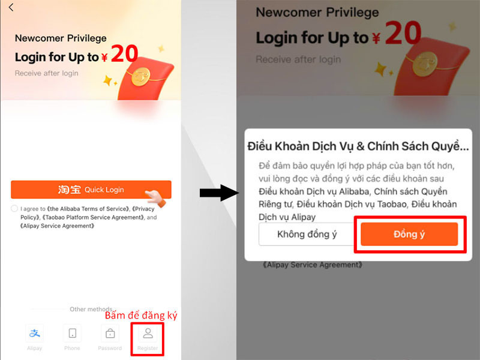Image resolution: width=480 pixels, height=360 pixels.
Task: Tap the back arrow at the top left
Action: pyautogui.click(x=11, y=8)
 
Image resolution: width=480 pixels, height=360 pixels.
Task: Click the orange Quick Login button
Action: pyautogui.click(x=91, y=190)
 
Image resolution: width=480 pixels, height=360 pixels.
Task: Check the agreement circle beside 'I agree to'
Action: pyautogui.click(x=14, y=208)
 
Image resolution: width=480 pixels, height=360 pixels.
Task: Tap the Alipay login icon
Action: pyautogui.click(x=34, y=334)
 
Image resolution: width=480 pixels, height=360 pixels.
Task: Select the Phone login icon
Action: pyautogui.click(x=73, y=334)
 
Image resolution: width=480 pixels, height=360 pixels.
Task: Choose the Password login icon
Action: pyautogui.click(x=110, y=334)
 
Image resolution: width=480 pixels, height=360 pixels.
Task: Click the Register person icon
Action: pyautogui.click(x=148, y=334)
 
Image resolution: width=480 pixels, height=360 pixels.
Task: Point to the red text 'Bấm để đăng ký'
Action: pyautogui.click(x=141, y=315)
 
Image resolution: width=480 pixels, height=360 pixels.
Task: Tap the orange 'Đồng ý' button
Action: pyautogui.click(x=409, y=234)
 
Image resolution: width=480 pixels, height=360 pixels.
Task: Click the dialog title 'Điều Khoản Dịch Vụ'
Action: pyautogui.click(x=358, y=146)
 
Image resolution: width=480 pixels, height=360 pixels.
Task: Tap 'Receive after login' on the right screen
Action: pyautogui.click(x=298, y=59)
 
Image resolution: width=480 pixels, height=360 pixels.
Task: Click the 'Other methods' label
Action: pyautogui.click(x=91, y=309)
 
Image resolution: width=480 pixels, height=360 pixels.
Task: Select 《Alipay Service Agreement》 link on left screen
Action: pyautogui.click(x=57, y=226)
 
